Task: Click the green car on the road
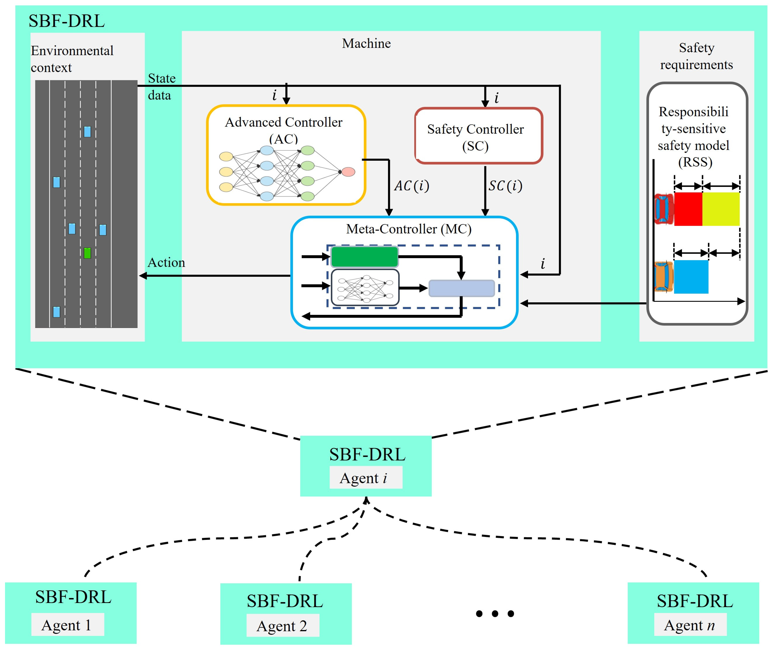pyautogui.click(x=87, y=253)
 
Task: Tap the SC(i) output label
pyautogui.click(x=505, y=186)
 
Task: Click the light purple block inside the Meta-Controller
pyautogui.click(x=461, y=288)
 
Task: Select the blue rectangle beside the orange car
pyautogui.click(x=691, y=277)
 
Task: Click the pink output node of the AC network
pyautogui.click(x=348, y=172)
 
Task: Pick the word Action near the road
pyautogui.click(x=166, y=263)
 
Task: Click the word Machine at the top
pyautogui.click(x=366, y=43)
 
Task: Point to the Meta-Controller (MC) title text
pyautogui.click(x=409, y=229)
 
